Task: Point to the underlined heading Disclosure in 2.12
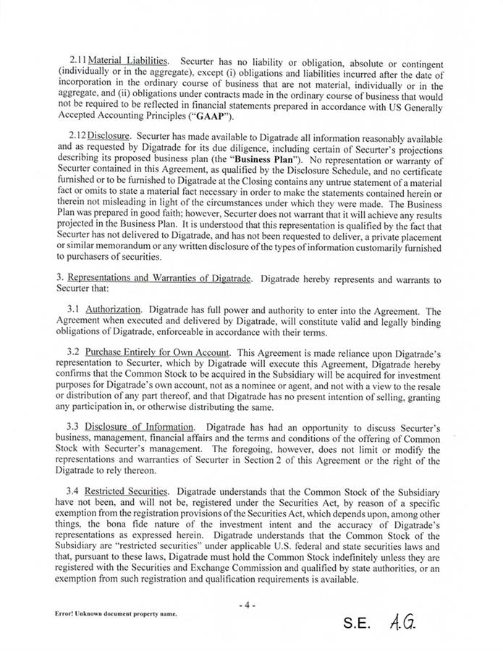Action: [x=109, y=135]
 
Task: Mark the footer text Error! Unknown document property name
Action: [x=116, y=613]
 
